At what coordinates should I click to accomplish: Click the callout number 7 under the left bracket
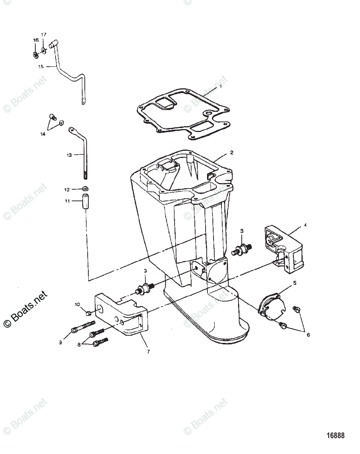click(148, 351)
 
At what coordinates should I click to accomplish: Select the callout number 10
click(77, 305)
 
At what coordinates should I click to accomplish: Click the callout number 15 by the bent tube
click(41, 66)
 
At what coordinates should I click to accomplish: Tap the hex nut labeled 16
click(34, 55)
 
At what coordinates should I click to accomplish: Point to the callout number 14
click(43, 134)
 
